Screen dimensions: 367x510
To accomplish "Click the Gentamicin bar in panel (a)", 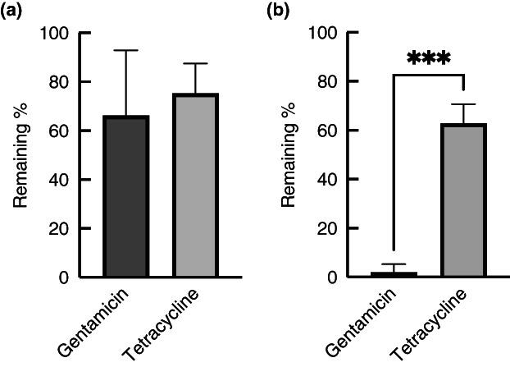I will pyautogui.click(x=125, y=197).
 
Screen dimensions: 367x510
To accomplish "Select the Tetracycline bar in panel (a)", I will pyautogui.click(x=195, y=186).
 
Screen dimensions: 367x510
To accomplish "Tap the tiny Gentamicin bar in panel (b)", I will pyautogui.click(x=394, y=274).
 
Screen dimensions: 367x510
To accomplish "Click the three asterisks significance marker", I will pyautogui.click(x=429, y=60).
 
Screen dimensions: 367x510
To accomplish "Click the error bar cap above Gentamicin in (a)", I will pyautogui.click(x=125, y=51).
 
